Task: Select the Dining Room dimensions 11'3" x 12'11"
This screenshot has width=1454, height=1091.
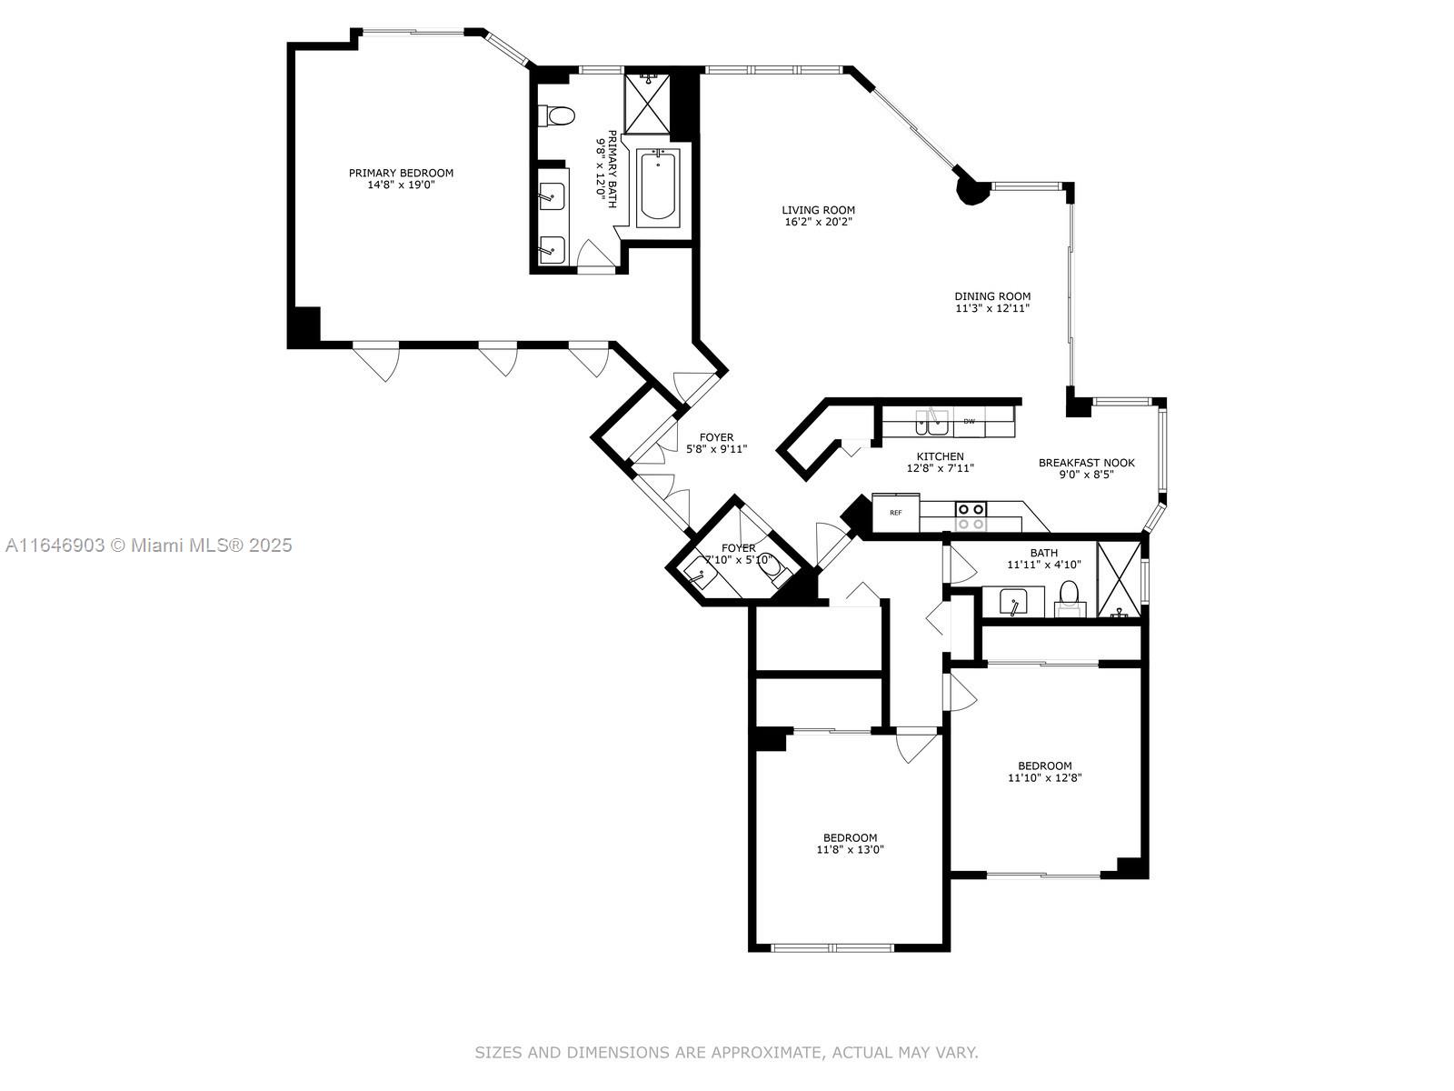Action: [x=992, y=308]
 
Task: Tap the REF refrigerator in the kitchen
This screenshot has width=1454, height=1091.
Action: [x=896, y=512]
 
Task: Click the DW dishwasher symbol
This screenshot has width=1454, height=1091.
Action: [x=969, y=421]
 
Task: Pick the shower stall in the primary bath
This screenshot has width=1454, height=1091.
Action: [x=647, y=104]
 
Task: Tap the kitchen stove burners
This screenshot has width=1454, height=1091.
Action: [x=971, y=516]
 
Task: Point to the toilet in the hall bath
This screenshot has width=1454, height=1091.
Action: [x=1069, y=598]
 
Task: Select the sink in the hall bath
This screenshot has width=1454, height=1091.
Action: [x=1013, y=602]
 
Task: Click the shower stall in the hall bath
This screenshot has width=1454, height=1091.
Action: [x=1120, y=580]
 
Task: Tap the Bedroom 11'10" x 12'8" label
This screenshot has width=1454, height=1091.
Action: [x=1045, y=772]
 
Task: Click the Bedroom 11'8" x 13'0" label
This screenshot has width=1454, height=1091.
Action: [x=850, y=844]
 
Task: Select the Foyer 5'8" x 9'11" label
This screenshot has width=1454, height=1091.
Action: [x=717, y=443]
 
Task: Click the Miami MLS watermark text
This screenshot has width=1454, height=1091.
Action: [x=148, y=545]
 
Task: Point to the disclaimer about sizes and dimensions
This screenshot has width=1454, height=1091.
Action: [x=726, y=1053]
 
